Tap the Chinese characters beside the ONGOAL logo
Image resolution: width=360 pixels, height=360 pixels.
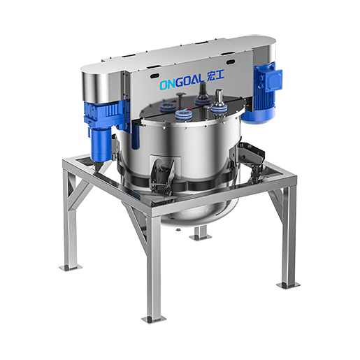click(215, 76)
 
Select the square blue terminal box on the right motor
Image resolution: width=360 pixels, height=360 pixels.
click(274, 80)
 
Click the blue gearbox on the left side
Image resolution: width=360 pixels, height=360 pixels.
click(106, 114)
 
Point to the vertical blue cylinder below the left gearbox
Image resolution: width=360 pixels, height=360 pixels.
click(101, 145)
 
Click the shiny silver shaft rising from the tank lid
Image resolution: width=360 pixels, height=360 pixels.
click(219, 97)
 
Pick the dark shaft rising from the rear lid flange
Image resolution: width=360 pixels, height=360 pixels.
click(203, 89)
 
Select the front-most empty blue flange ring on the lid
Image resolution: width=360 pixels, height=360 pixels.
click(184, 115)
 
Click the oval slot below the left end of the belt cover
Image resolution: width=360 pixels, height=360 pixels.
click(154, 76)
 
